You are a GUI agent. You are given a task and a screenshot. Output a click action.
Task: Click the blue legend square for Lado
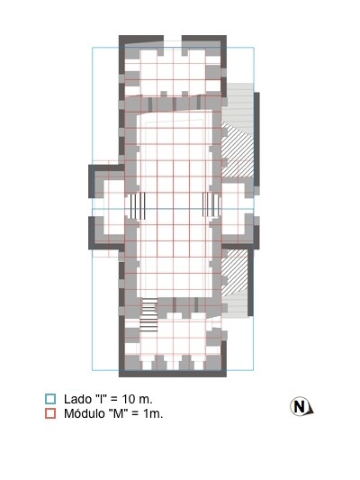[x=50, y=399]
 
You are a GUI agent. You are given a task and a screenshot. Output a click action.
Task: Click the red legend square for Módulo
[x=50, y=413]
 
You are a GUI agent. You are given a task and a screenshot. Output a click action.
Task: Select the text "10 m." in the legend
[x=138, y=399]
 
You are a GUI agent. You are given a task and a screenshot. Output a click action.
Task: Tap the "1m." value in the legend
[x=153, y=414]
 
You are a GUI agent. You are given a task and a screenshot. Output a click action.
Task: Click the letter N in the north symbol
[x=299, y=407]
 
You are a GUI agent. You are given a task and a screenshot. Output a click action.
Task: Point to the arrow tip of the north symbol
[x=313, y=412]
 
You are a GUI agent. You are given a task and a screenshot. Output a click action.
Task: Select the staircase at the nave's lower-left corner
[x=149, y=315]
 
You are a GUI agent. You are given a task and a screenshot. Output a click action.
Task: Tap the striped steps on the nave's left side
[x=136, y=205]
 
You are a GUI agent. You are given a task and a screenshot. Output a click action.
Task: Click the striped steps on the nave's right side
[x=211, y=204]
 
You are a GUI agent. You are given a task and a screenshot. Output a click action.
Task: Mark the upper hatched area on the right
[x=238, y=150]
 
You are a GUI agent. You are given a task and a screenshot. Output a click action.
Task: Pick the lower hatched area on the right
[x=234, y=273]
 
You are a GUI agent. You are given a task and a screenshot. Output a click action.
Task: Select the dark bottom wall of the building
[x=173, y=374]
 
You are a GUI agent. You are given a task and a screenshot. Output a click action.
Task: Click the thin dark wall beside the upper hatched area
[x=256, y=140]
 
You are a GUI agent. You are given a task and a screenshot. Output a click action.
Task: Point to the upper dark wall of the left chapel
[x=106, y=168]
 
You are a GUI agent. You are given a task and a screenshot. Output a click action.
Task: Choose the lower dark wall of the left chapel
[x=106, y=247]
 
